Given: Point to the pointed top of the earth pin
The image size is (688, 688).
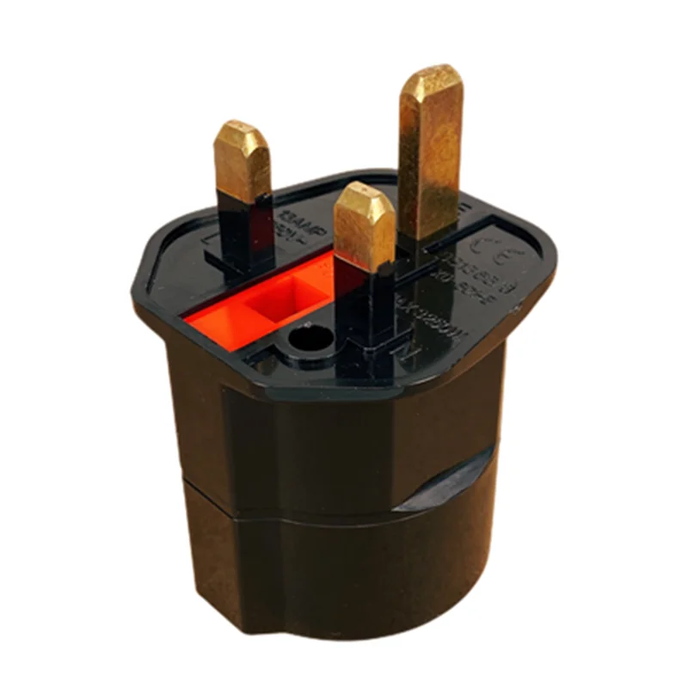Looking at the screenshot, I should tap(432, 74).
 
